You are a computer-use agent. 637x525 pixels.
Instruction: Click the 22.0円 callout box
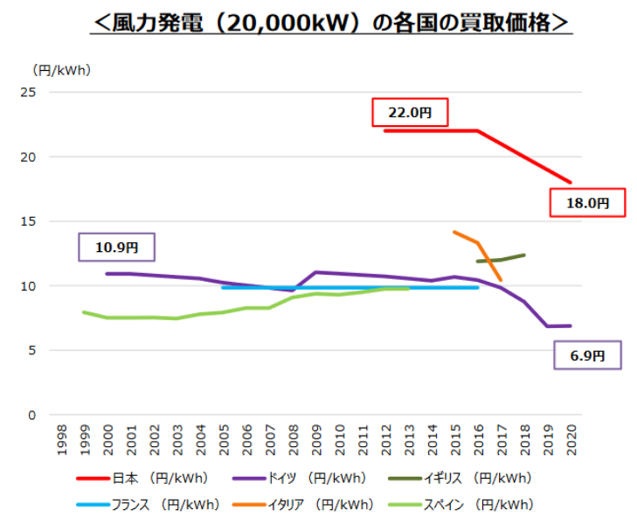click(x=410, y=113)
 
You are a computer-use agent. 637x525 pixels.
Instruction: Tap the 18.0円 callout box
click(x=587, y=202)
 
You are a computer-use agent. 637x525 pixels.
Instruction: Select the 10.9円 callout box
click(x=117, y=248)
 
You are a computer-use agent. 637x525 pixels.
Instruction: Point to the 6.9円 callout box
click(x=588, y=356)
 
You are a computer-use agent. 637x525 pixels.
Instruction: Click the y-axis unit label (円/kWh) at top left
click(x=60, y=69)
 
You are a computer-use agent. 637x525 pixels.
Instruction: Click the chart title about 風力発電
click(x=331, y=22)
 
